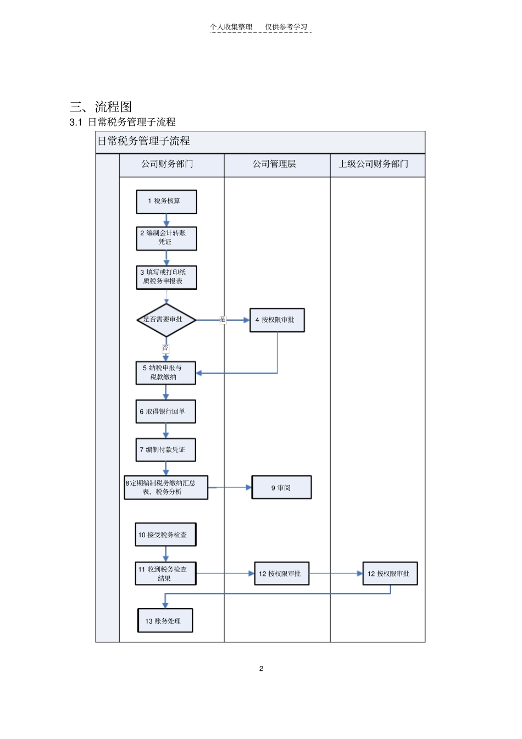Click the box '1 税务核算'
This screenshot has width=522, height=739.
tap(166, 202)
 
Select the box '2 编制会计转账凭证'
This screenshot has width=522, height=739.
tap(166, 238)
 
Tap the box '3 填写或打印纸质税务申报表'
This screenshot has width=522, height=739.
tap(166, 277)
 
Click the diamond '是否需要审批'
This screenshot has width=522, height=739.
tap(166, 320)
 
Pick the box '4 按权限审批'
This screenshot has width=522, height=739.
tap(277, 320)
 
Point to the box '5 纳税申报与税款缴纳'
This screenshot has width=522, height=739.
tap(165, 373)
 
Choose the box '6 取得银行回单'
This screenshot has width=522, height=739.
tap(165, 412)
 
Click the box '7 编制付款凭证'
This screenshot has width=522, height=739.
tap(165, 449)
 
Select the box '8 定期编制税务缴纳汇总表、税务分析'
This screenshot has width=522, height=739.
tap(166, 487)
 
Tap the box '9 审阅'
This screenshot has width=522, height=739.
tap(281, 487)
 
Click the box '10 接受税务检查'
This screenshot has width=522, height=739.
tap(165, 535)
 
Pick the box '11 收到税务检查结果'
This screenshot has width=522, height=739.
tap(165, 574)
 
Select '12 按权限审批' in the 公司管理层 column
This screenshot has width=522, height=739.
tap(281, 574)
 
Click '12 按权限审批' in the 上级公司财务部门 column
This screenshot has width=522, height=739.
tap(390, 574)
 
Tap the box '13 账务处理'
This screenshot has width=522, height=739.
tap(165, 621)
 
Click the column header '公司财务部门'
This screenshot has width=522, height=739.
tap(168, 164)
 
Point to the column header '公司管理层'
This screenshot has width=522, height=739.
tap(274, 164)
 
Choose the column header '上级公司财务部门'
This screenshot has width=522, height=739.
tap(374, 164)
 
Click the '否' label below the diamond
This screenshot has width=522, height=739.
tap(165, 348)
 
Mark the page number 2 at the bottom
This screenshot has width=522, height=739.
tap(261, 669)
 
